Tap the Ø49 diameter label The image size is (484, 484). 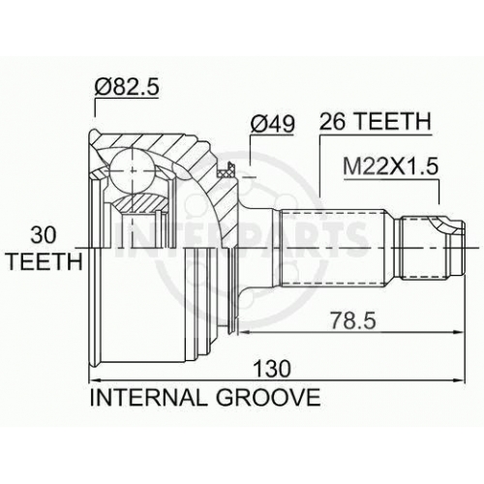coord(272,124)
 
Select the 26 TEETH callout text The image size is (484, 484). coord(376,121)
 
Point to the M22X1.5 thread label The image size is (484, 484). coord(391,166)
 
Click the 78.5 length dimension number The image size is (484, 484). coord(353,320)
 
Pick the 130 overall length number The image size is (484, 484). coord(272,369)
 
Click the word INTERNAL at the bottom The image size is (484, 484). coord(148,397)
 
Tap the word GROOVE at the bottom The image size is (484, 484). coord(268,397)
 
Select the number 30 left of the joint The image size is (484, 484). coord(43,235)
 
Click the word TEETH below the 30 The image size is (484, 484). coord(45,261)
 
